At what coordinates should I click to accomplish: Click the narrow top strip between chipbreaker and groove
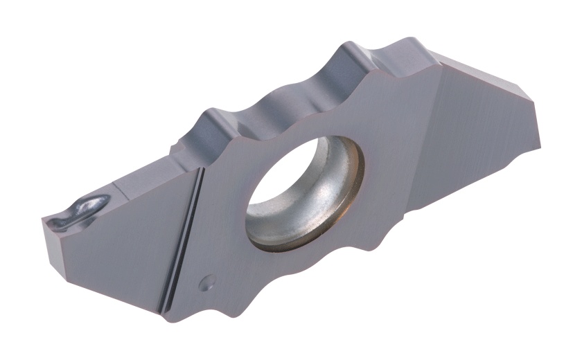click(x=152, y=177)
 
